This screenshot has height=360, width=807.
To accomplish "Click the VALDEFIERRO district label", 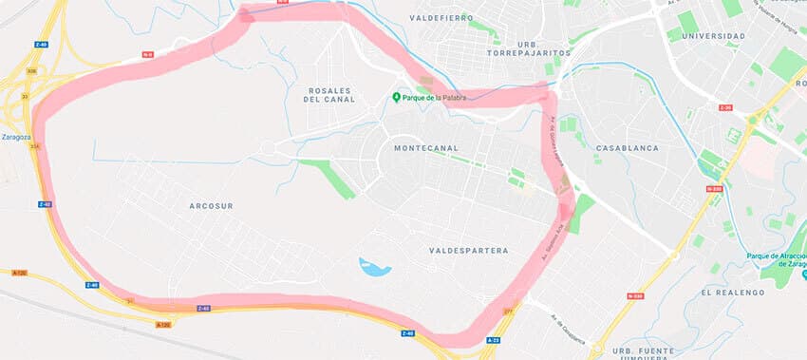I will pyautogui.click(x=441, y=17).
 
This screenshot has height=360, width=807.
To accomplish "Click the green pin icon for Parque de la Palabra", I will pyautogui.click(x=397, y=97).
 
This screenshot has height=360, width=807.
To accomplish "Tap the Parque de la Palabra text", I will pyautogui.click(x=432, y=97).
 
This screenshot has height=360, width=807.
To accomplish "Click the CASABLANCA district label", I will pyautogui.click(x=627, y=148).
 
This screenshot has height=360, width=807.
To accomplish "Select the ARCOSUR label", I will pyautogui.click(x=211, y=205).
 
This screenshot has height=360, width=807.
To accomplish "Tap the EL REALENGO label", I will pyautogui.click(x=733, y=293).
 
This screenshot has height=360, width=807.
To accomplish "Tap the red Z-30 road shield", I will pyautogui.click(x=725, y=107).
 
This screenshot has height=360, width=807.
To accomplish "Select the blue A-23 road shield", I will pyautogui.click(x=493, y=339).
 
